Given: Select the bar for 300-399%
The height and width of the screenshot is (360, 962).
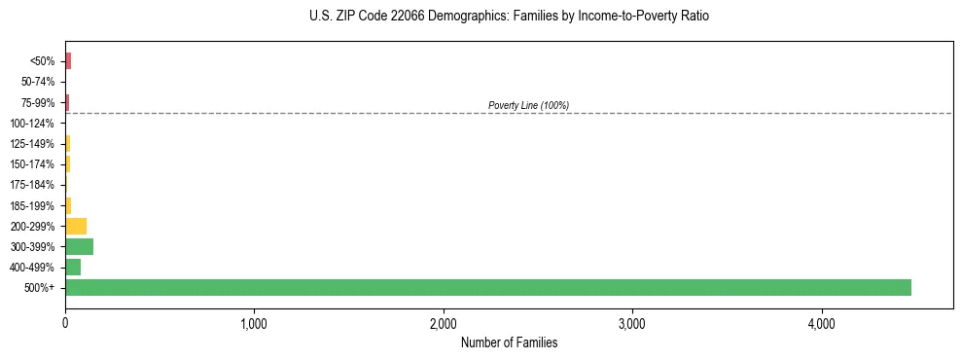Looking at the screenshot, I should tap(79, 246).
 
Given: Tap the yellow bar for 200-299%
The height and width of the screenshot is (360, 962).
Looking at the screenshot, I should tap(76, 226).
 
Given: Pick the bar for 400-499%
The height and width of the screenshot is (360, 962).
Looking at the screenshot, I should tap(73, 267).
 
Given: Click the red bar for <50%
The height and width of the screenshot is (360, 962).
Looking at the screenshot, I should tap(68, 61).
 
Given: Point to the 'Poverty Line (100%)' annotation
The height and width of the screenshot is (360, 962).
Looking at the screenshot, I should tap(528, 105).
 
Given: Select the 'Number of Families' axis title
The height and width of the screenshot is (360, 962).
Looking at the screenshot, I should tap(509, 342).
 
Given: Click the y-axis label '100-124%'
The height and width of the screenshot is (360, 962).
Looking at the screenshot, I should tap(34, 124).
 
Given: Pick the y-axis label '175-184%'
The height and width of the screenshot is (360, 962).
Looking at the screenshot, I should tap(34, 185).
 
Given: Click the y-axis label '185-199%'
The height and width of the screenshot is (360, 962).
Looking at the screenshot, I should tap(34, 205).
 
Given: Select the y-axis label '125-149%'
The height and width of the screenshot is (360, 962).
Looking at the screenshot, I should tap(34, 144).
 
